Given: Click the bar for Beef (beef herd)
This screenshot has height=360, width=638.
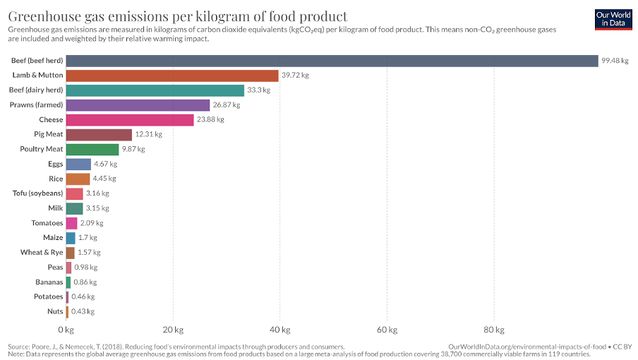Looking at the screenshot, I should tap(332, 61).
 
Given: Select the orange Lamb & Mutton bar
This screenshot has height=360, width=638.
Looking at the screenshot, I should tap(172, 76).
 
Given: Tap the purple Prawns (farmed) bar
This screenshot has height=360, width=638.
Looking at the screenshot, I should tap(138, 105).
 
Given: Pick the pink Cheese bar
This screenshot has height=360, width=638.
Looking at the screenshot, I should tap(130, 120).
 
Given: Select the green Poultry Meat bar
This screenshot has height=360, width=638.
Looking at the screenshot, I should tap(92, 149).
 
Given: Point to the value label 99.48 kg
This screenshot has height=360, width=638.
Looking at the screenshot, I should tap(615, 61).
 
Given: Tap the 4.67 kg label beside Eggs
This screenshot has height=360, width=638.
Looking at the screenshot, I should tap(105, 164).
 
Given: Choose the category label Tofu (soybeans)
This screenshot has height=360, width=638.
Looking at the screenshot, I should tap(38, 193).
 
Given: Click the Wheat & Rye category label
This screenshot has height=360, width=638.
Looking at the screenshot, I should tap(42, 252).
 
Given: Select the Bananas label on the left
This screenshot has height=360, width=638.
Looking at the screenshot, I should tap(47, 282).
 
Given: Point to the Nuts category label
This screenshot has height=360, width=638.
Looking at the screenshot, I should tap(54, 311).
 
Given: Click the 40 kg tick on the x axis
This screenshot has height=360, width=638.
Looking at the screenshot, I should tap(280, 330).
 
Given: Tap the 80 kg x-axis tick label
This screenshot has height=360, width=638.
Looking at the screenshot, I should tap(494, 330).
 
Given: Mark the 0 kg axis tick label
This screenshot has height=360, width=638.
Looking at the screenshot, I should tap(66, 330).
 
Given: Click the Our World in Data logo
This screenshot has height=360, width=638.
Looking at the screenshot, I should tap(611, 18).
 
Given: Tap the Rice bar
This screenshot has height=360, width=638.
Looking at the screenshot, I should tap(78, 179).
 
